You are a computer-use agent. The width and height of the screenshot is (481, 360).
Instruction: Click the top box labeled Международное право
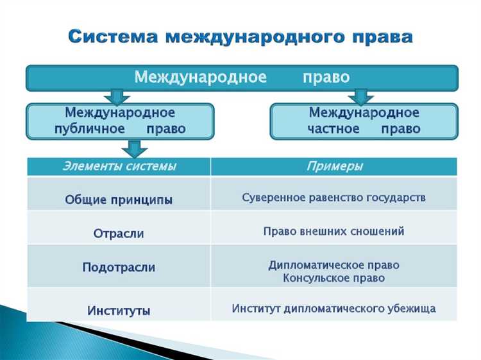point(242,78)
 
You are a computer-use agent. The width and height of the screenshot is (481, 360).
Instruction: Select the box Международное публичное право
point(119,121)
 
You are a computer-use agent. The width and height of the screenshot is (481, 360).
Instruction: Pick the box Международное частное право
point(364,121)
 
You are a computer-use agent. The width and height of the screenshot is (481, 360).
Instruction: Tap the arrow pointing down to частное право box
point(361,96)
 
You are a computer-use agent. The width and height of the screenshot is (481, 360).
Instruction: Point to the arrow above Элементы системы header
point(134,149)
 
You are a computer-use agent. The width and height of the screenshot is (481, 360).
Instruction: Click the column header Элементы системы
point(119,167)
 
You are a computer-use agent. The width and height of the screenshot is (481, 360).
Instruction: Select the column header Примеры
point(333,167)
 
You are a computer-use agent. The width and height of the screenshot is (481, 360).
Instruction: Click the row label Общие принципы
point(119,200)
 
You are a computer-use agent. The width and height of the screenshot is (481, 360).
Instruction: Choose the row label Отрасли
point(119,234)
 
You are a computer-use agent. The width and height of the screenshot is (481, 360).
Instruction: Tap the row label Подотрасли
point(119,267)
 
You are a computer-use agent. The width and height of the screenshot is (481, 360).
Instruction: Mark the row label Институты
point(119,311)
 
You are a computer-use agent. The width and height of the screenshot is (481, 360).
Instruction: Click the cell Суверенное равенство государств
point(333,198)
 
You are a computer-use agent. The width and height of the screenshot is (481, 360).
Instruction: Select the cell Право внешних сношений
point(333,232)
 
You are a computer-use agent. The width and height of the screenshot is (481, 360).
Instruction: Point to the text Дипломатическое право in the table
point(333,265)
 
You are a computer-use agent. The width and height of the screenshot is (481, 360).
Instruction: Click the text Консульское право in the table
point(333,279)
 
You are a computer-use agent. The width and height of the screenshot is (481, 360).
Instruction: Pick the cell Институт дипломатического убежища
point(333,309)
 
